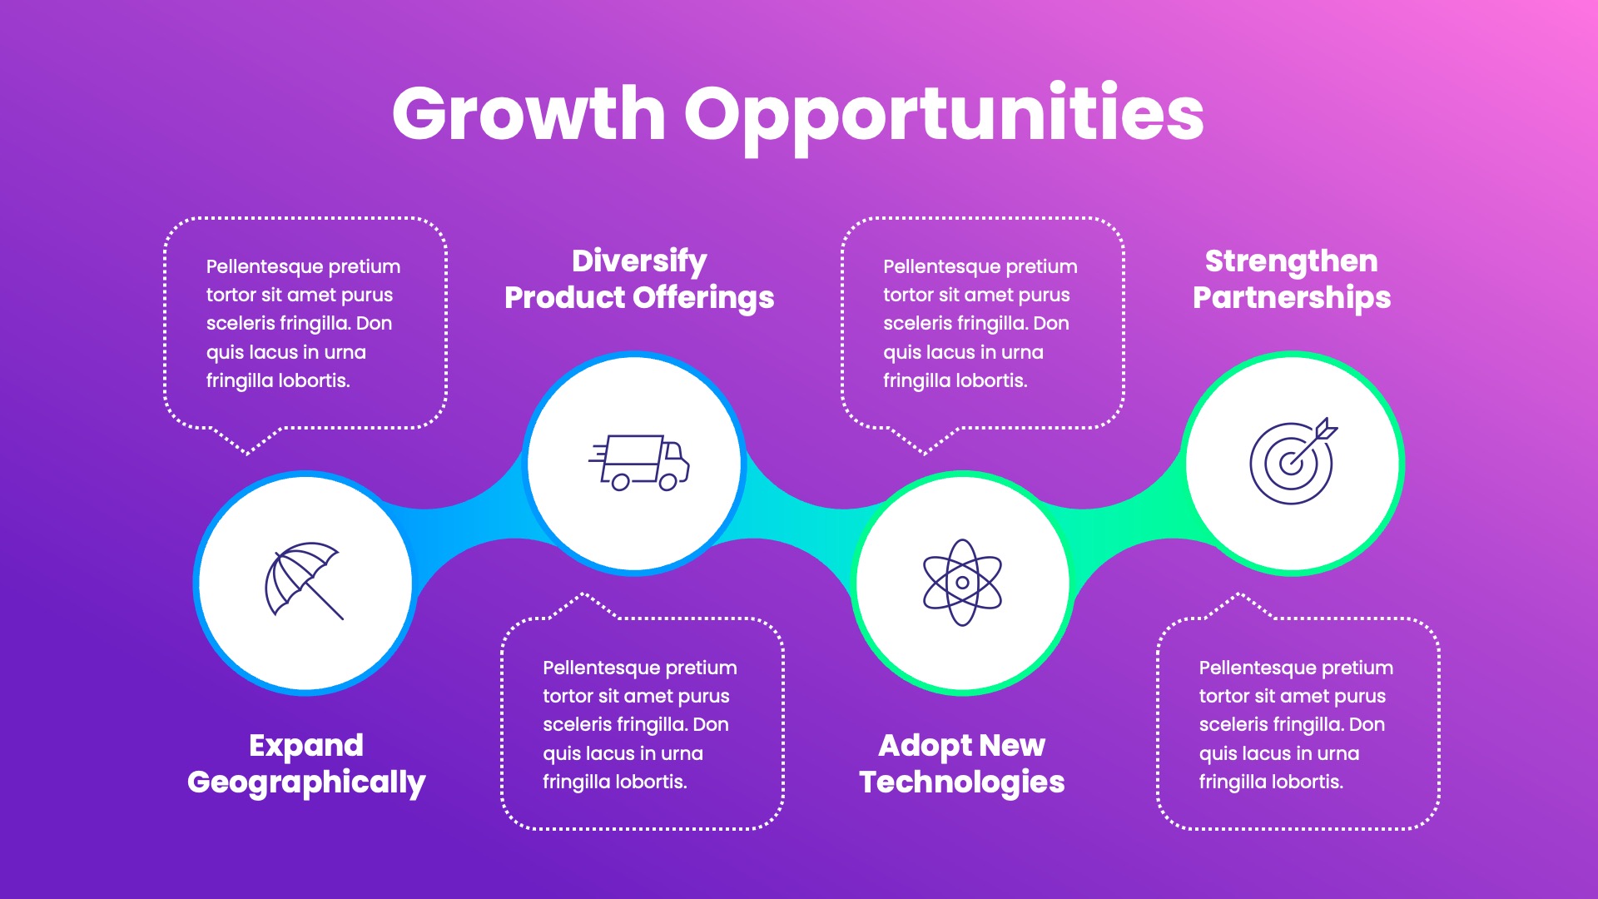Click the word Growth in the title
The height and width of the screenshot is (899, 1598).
(x=529, y=114)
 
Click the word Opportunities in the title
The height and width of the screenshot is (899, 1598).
(x=944, y=117)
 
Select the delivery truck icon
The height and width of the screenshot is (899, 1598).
(x=639, y=462)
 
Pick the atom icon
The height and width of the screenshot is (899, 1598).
(x=962, y=582)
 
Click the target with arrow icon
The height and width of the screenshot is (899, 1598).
(x=1292, y=462)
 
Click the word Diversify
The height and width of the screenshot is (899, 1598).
(x=639, y=261)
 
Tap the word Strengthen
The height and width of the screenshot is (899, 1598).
(x=1291, y=261)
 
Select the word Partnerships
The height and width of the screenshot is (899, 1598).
(x=1291, y=298)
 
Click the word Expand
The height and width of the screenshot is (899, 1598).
(x=306, y=746)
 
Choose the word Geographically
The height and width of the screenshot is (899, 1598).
(x=306, y=782)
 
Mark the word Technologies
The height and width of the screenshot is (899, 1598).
(x=962, y=782)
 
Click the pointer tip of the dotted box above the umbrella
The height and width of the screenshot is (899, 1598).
(x=248, y=454)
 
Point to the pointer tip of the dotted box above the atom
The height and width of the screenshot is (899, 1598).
(x=925, y=454)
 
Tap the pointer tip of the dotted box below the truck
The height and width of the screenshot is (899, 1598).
(x=583, y=594)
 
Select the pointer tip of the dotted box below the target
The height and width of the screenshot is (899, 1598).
(x=1239, y=594)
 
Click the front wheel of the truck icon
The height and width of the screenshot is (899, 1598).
(x=668, y=482)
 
